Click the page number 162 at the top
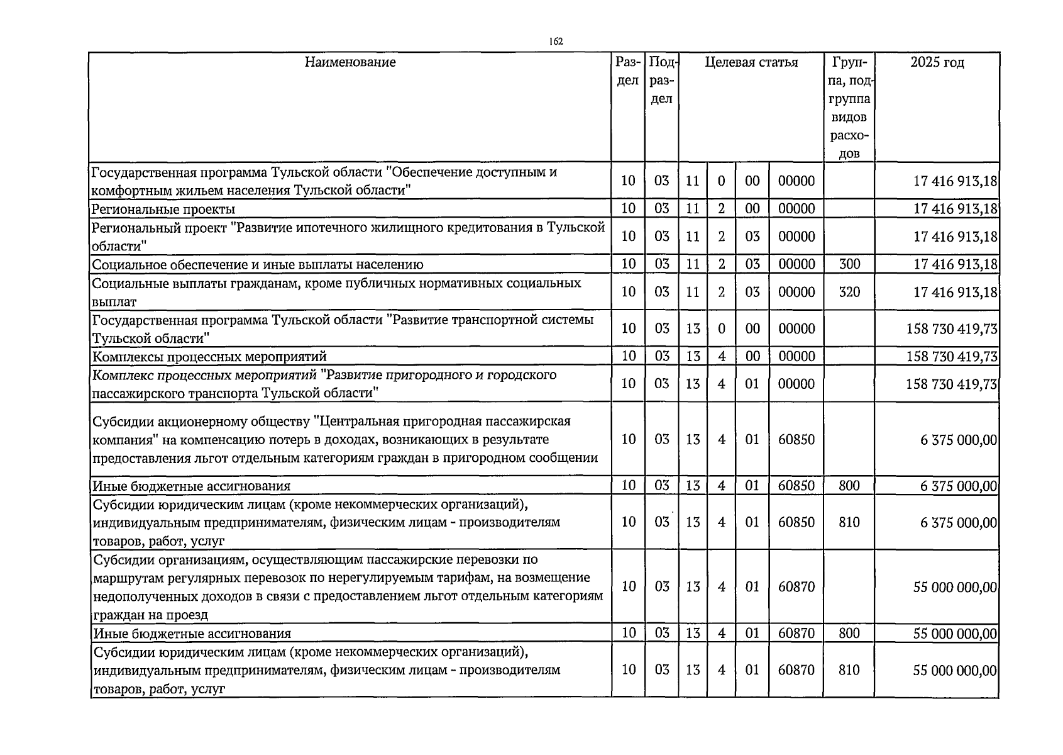555,42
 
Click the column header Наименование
350,62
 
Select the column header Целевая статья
751,62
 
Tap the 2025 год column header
937,62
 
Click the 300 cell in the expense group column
849,264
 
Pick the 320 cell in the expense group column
849,292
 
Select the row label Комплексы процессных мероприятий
209,357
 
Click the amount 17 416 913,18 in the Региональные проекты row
955,209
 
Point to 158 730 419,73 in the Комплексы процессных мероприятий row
952,357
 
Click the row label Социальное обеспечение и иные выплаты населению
258,265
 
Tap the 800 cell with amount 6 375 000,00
849,486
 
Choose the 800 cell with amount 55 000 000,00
849,633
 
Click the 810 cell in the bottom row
849,670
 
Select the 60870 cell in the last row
796,670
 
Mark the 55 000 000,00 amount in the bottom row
955,671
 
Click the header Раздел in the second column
627,72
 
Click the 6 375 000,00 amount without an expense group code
959,440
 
